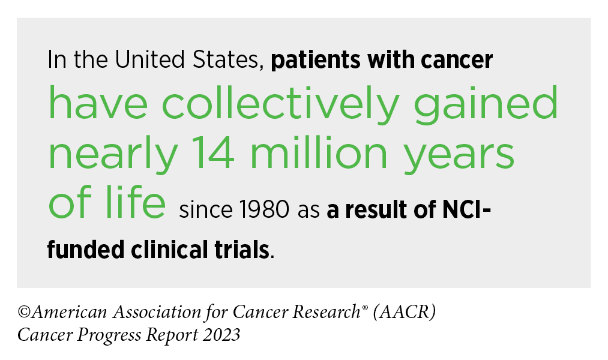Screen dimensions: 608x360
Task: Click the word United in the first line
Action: point(149,59)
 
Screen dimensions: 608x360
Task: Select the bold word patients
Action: point(316,61)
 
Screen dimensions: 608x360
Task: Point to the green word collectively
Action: point(280,103)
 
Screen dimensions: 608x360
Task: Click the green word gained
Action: point(486,103)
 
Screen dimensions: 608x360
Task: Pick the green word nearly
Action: point(113,154)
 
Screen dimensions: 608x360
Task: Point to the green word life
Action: point(135,202)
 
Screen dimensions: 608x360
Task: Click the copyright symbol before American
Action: point(24,312)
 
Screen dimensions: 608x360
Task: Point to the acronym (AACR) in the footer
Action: point(405,312)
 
